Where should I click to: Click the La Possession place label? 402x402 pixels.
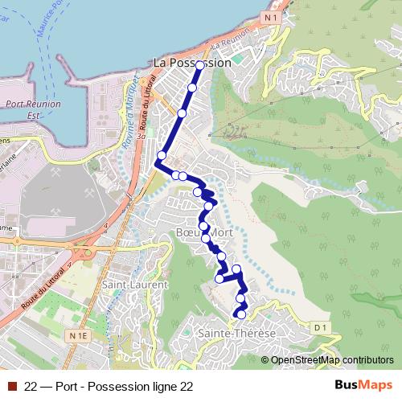tap(192, 62)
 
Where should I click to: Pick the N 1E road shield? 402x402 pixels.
tap(78, 334)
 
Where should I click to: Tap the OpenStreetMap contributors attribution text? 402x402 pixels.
tap(332, 360)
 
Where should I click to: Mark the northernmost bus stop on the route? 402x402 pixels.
tap(199, 65)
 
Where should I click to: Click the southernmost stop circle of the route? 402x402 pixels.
tap(239, 314)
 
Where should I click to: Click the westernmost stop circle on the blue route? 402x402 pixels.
tap(162, 155)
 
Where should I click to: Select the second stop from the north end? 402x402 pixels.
tap(192, 88)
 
